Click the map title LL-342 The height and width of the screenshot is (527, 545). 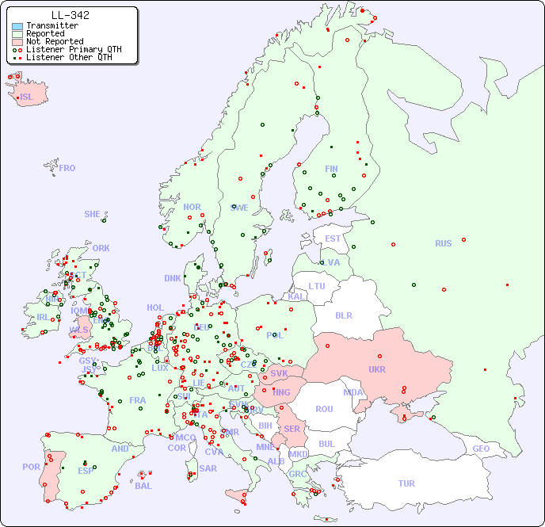pyautogui.click(x=70, y=15)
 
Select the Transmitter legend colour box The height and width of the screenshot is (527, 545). pyautogui.click(x=17, y=26)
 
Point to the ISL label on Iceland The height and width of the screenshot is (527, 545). pyautogui.click(x=26, y=97)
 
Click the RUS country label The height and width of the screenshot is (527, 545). pyautogui.click(x=443, y=244)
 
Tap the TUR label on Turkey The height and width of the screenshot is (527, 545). pyautogui.click(x=406, y=483)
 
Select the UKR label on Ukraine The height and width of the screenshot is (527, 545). pyautogui.click(x=377, y=369)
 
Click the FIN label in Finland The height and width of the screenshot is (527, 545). pyautogui.click(x=331, y=169)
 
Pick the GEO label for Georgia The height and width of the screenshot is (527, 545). pyautogui.click(x=481, y=449)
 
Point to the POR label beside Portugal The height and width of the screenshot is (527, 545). pyautogui.click(x=31, y=468)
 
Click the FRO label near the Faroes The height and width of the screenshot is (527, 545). pyautogui.click(x=67, y=168)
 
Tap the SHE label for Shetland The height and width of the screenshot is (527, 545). pyautogui.click(x=92, y=214)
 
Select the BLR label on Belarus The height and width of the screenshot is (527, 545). pyautogui.click(x=343, y=315)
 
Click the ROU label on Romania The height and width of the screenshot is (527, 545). pyautogui.click(x=324, y=410)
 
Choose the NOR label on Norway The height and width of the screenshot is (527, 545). pyautogui.click(x=192, y=208)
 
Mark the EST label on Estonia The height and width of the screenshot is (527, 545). pyautogui.click(x=333, y=239)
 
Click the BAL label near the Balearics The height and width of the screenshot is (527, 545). pyautogui.click(x=143, y=486)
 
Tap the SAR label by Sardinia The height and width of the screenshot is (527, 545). pyautogui.click(x=208, y=468)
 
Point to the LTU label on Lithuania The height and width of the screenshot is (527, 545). pyautogui.click(x=317, y=286)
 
